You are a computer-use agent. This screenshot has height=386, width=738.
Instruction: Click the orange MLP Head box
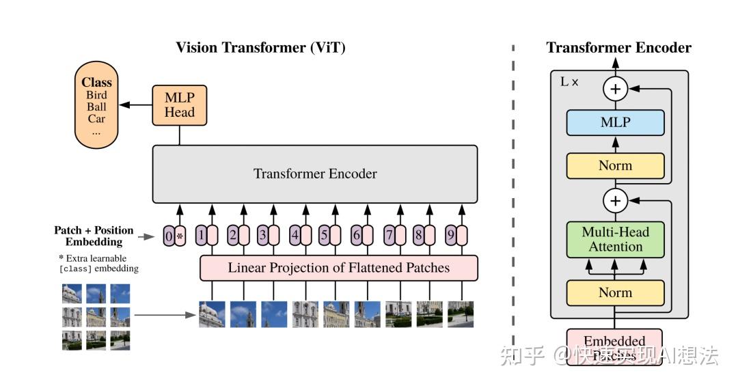click(x=179, y=105)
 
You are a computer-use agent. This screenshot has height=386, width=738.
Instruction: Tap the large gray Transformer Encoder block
click(x=315, y=174)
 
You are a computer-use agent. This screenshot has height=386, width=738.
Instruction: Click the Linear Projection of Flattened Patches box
click(x=338, y=268)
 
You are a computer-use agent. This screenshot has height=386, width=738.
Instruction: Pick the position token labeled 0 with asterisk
click(x=174, y=236)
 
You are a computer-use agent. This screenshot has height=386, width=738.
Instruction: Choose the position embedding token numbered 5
click(x=330, y=236)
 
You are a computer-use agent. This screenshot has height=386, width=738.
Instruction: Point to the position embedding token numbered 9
click(x=456, y=236)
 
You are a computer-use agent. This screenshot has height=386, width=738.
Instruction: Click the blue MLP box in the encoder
click(x=615, y=123)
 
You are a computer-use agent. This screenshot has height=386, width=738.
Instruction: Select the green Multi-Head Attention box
click(x=615, y=239)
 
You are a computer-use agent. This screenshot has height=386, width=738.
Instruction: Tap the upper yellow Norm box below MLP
click(x=615, y=165)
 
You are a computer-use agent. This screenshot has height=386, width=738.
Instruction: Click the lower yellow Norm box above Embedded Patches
click(x=615, y=292)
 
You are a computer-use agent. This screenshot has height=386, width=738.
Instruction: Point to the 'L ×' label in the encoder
click(x=569, y=82)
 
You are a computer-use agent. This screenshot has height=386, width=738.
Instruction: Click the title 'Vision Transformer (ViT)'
click(x=260, y=47)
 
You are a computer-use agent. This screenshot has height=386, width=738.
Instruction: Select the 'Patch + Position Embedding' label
click(x=94, y=236)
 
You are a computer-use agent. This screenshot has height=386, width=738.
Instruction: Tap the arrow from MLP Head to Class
click(x=135, y=105)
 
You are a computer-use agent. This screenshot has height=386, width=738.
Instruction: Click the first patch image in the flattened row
click(x=212, y=314)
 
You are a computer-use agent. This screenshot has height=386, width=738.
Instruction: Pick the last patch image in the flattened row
click(x=461, y=314)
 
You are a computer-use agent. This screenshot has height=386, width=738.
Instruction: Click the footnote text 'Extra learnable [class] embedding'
click(x=98, y=264)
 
